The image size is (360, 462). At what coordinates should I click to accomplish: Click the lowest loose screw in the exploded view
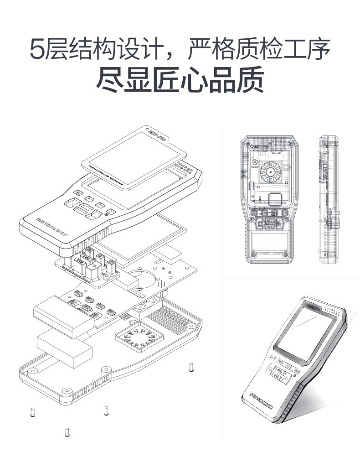tap(67, 431)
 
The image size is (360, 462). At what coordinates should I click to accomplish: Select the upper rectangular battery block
tap(63, 315)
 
